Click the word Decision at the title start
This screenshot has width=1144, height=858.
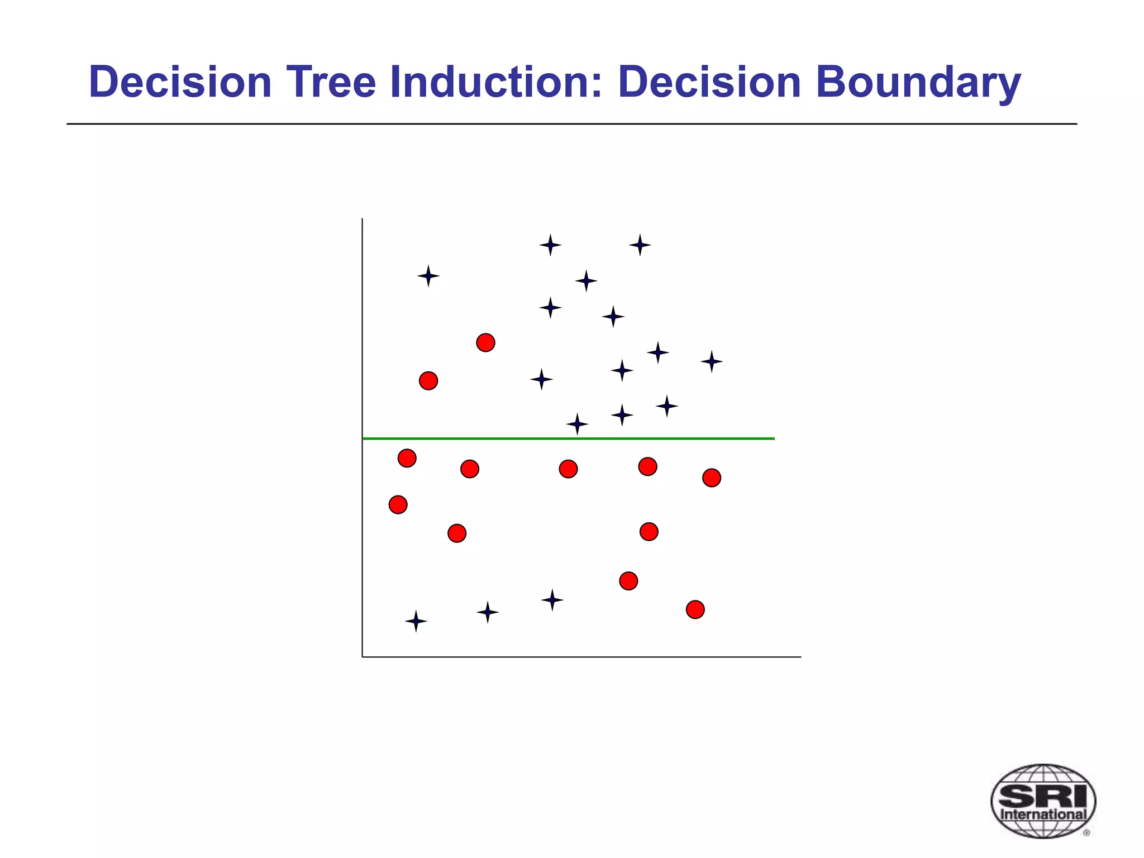pyautogui.click(x=180, y=82)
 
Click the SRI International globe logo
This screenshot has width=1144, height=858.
pyautogui.click(x=1042, y=800)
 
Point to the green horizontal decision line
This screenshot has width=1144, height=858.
pyautogui.click(x=568, y=438)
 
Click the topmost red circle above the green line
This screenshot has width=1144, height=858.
pyautogui.click(x=485, y=342)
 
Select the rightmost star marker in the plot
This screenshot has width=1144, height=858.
pyautogui.click(x=711, y=361)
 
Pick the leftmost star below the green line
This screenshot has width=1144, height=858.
pyautogui.click(x=416, y=621)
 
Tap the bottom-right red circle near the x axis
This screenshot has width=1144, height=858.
pyautogui.click(x=695, y=609)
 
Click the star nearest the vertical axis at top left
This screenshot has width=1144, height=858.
pyautogui.click(x=428, y=276)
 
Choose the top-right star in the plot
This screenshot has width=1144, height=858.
pyautogui.click(x=640, y=245)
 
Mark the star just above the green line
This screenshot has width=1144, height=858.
pyautogui.click(x=577, y=425)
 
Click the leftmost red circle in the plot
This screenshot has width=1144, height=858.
pyautogui.click(x=398, y=504)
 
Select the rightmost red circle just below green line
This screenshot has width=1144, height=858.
pyautogui.click(x=711, y=478)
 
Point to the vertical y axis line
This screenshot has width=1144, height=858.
pyautogui.click(x=362, y=436)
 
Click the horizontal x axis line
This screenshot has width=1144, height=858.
pyautogui.click(x=581, y=657)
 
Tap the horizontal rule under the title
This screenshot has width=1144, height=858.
pyautogui.click(x=571, y=124)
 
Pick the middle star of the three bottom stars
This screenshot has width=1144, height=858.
pyautogui.click(x=487, y=612)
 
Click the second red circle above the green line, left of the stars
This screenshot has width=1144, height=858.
pyautogui.click(x=428, y=381)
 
